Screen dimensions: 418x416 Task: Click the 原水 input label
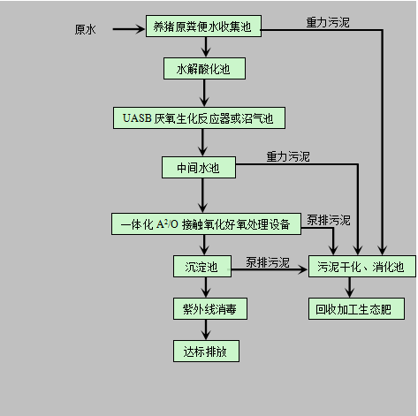tap(85, 29)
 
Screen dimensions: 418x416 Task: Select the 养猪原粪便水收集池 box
tap(203, 26)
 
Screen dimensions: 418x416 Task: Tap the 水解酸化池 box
tap(204, 69)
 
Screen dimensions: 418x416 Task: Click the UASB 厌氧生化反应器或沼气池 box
tap(199, 118)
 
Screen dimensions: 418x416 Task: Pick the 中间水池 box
tap(199, 168)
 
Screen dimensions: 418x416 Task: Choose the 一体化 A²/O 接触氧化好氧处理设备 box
tap(206, 224)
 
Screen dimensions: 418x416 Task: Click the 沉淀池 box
tap(202, 267)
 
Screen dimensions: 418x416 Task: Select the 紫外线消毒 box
tap(210, 309)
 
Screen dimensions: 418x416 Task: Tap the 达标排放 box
tap(206, 352)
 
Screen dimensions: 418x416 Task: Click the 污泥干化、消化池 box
tap(362, 267)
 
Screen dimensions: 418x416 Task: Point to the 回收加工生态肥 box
tap(356, 309)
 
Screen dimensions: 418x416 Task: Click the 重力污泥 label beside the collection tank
tap(328, 22)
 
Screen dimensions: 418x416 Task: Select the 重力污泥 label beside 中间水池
tap(288, 156)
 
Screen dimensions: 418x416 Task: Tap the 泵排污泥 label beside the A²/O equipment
tap(329, 220)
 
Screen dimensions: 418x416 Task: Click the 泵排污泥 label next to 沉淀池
tap(268, 262)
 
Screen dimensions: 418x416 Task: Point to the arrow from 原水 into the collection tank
tap(129, 29)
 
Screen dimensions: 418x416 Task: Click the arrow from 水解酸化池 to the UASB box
tap(204, 93)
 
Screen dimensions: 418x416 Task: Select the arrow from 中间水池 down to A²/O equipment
tap(202, 195)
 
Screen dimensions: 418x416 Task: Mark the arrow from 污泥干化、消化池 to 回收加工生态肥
tap(350, 288)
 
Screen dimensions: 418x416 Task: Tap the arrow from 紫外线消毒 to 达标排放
tap(206, 330)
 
